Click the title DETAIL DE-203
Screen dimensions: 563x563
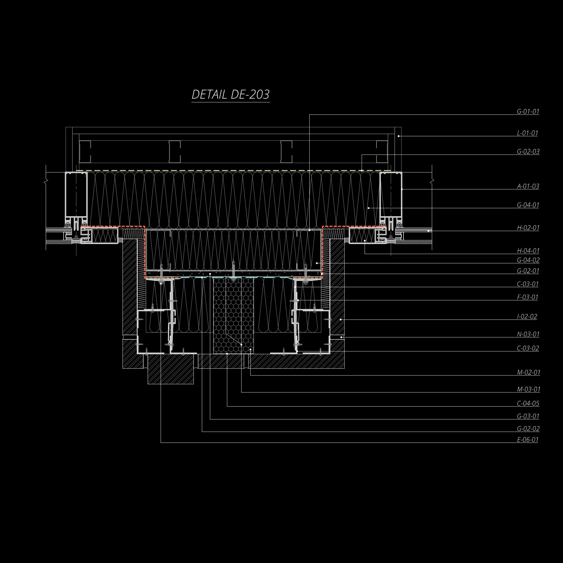(230, 95)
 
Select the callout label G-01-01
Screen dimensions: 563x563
(528, 112)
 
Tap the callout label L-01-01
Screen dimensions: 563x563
(527, 133)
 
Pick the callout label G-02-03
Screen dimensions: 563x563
(528, 152)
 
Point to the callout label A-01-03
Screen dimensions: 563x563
(528, 186)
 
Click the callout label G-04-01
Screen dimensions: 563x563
(528, 205)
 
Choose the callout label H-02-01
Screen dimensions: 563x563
(528, 228)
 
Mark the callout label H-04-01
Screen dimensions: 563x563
(528, 251)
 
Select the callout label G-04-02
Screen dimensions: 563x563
(528, 260)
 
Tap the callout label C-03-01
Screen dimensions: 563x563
(528, 284)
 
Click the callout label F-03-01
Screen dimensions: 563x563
(528, 297)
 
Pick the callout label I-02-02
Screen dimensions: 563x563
(527, 316)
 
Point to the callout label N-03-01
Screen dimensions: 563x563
(528, 334)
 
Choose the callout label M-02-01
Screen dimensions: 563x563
(528, 372)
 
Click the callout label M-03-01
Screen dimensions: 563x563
(528, 389)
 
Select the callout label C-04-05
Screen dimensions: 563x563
(528, 404)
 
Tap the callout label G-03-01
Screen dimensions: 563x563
(528, 416)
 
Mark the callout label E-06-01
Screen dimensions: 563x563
(528, 440)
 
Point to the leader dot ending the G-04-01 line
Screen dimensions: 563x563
(369, 208)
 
